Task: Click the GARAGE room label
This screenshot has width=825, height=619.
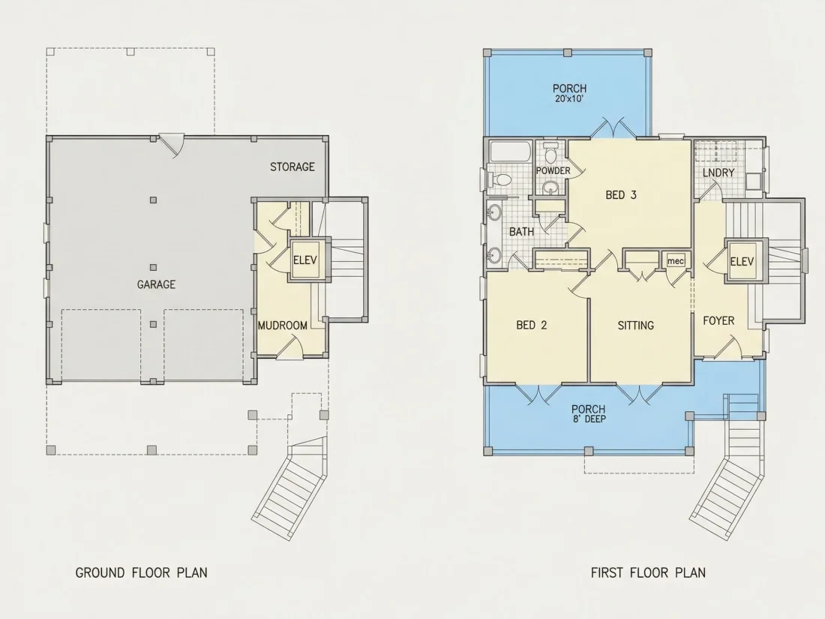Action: point(156,284)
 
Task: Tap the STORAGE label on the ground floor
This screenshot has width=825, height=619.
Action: point(292,167)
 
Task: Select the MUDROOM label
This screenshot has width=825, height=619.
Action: point(283,326)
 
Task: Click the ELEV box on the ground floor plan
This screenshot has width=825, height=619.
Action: point(305,260)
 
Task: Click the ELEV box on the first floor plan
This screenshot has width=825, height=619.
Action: point(742,261)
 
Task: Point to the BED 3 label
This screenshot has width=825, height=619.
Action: point(621,195)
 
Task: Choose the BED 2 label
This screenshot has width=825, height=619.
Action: point(532,326)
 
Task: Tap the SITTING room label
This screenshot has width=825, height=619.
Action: point(635,326)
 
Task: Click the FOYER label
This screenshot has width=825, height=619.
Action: point(718,320)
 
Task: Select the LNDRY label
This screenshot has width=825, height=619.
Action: point(718,173)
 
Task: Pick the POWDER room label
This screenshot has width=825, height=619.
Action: point(553,170)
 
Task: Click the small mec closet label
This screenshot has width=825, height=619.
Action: point(676,261)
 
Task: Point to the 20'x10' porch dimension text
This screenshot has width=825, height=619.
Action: point(569,98)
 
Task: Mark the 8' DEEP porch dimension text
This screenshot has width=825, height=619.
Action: point(589,419)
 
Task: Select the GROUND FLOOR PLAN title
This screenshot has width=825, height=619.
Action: point(142,572)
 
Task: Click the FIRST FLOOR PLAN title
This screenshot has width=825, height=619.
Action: point(648,572)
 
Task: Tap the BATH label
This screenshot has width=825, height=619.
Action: point(521,232)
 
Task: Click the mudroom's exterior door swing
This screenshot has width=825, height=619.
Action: point(291,347)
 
